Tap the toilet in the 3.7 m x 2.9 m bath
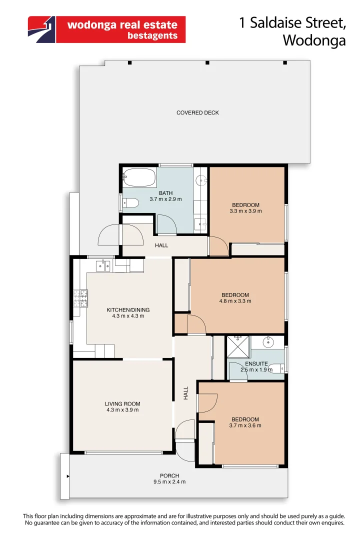coord(130,203)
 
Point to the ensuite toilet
coord(274,369)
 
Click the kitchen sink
coord(104,264)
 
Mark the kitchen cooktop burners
coord(80,299)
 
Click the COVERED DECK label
coord(197,113)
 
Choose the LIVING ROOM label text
coord(122,404)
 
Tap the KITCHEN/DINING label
coord(128,310)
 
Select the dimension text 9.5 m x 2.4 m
coord(169,482)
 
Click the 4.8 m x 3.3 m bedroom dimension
coord(235,301)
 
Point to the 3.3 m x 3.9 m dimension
coord(245,211)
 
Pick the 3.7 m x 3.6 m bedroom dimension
coord(245,425)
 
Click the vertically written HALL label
coord(186,392)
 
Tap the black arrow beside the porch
coord(68,477)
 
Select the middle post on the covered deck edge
coord(207,62)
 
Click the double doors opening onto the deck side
coord(120,235)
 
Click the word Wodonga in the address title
coord(314,40)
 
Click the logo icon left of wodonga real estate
coord(42,29)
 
